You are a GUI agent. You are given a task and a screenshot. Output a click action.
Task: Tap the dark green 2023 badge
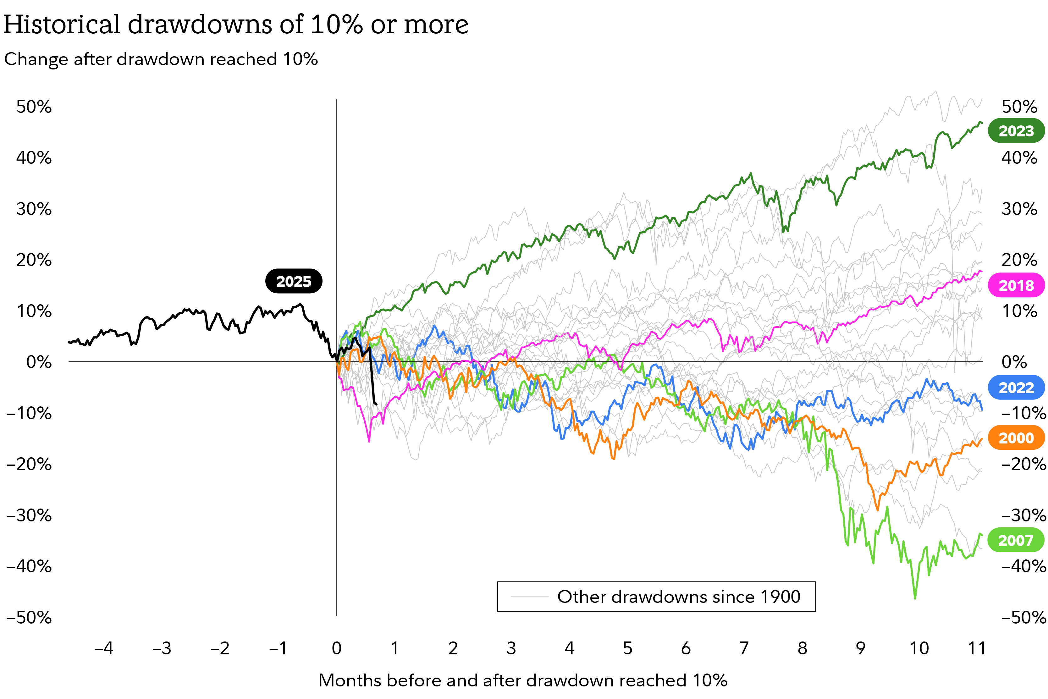1016,131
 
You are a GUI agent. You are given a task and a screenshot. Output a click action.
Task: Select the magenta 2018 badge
1016,285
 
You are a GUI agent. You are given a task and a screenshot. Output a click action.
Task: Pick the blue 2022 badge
1016,388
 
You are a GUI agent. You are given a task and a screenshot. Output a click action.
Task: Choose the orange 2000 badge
1016,438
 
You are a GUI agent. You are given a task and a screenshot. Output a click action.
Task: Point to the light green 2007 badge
1016,540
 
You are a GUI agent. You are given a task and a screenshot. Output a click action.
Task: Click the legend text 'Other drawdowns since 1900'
678,597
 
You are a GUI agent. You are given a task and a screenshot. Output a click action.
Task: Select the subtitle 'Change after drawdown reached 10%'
161,59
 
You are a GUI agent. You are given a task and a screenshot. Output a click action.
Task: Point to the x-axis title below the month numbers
523,680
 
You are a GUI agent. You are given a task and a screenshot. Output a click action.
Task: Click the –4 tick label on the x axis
104,648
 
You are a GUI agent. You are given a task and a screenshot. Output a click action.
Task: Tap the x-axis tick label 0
337,648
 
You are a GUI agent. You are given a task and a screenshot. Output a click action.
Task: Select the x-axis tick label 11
977,648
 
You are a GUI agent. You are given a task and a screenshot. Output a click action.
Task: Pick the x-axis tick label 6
686,648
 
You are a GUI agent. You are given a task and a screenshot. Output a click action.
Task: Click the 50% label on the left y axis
34,107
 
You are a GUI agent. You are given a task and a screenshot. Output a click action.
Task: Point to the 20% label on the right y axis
1019,260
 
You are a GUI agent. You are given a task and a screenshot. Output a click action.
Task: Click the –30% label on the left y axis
30,515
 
